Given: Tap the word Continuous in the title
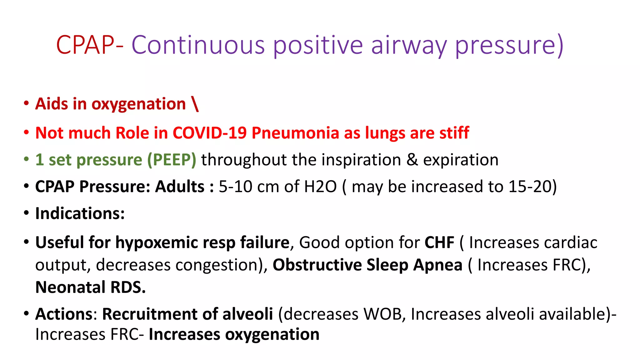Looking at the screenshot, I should (198, 45).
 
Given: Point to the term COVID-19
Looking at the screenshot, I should (209, 133).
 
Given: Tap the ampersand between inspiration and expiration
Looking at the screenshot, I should (412, 160).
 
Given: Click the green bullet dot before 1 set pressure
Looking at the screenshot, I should (27, 159).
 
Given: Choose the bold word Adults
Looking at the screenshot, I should (180, 187).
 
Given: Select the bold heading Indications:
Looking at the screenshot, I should (80, 213).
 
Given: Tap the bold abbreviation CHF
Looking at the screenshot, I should (439, 242).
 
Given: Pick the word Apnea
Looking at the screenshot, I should (438, 265).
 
